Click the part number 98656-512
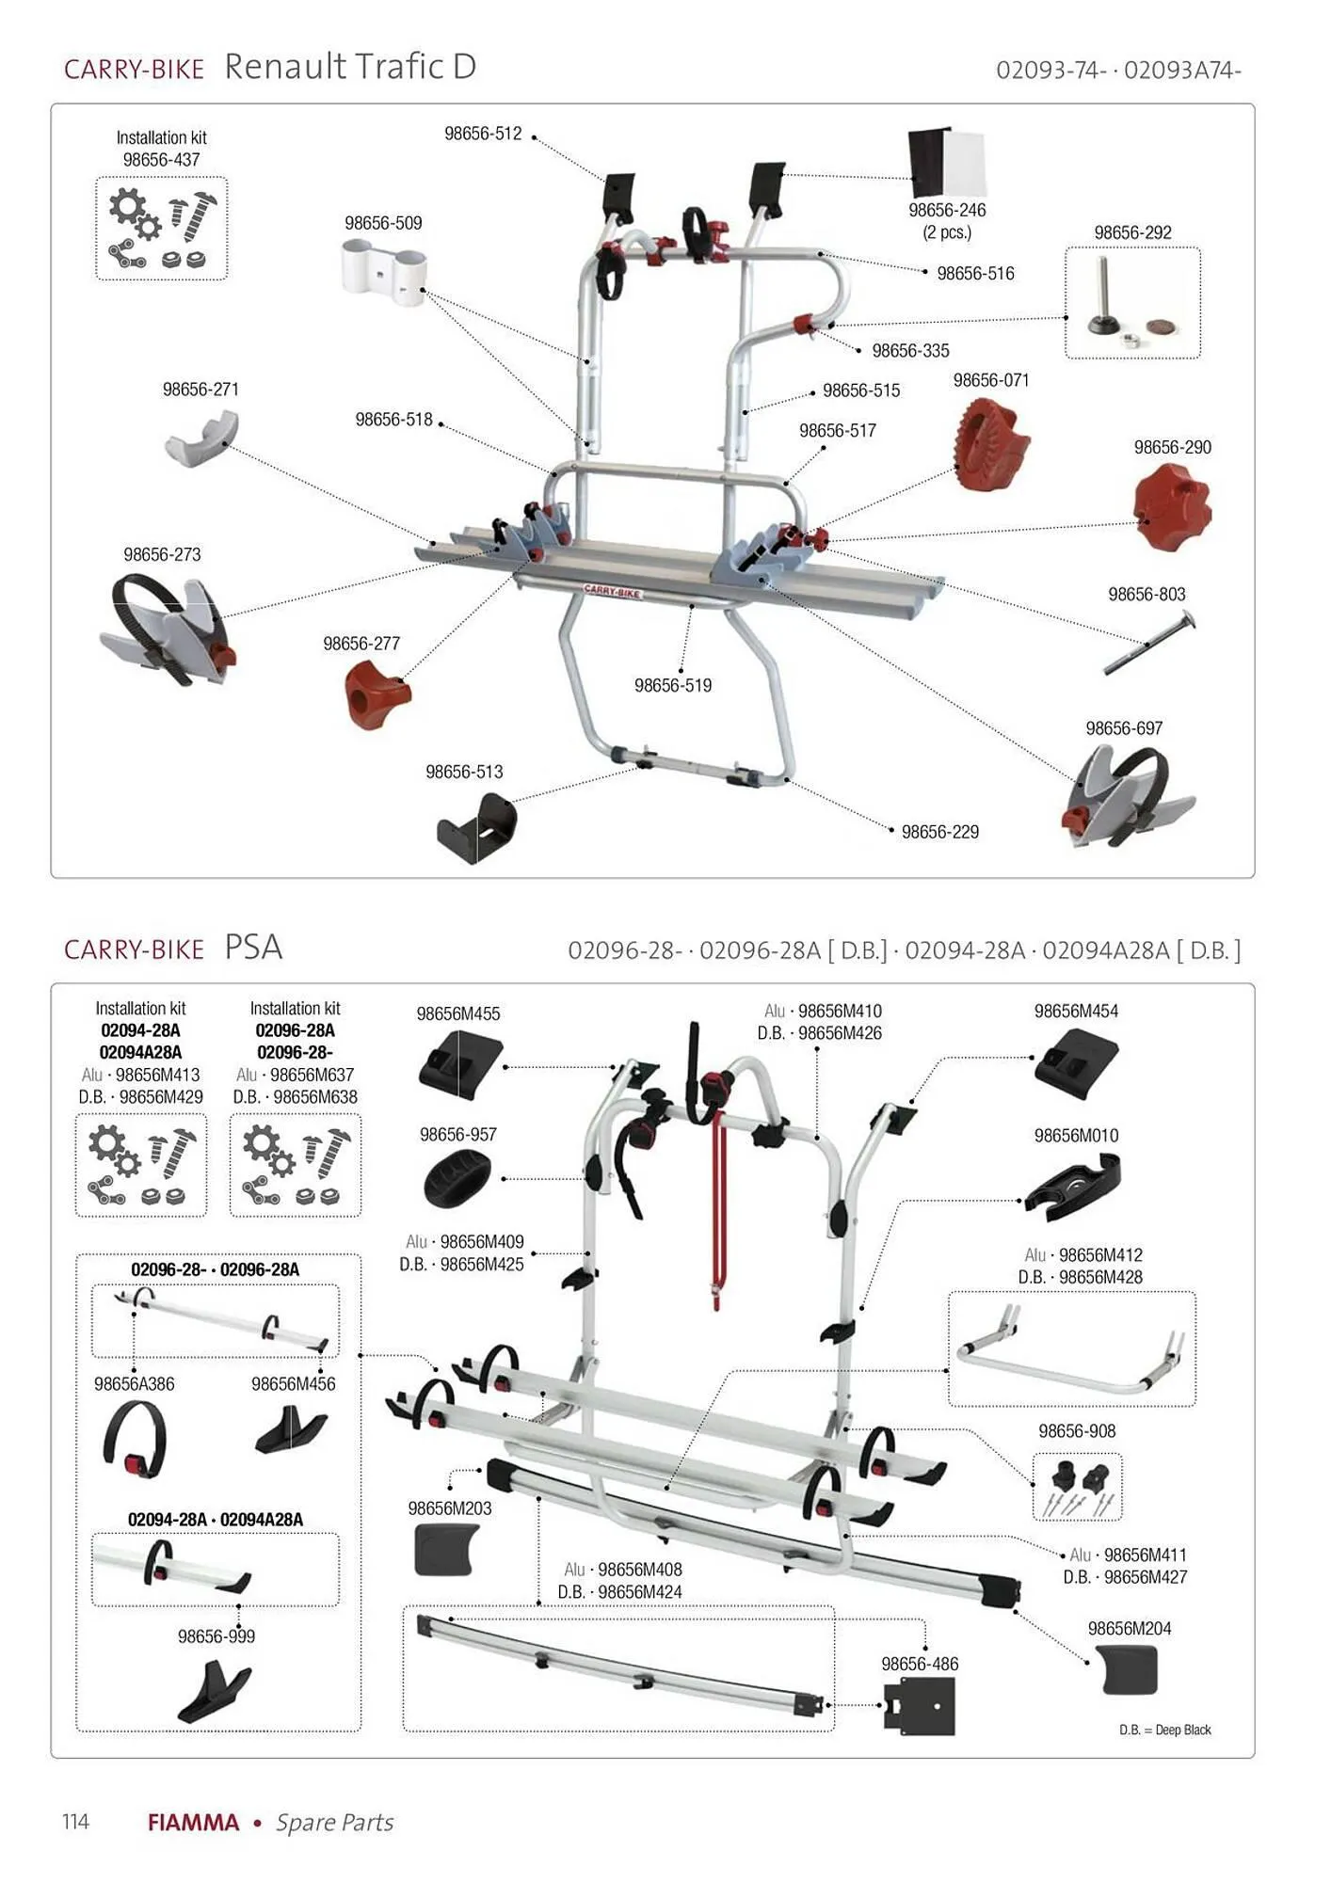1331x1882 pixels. click(x=483, y=134)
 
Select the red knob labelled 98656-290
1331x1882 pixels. click(x=1172, y=509)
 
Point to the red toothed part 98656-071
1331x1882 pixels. click(x=993, y=442)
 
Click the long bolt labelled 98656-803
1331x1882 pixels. click(x=1149, y=642)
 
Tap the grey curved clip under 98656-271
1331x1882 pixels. click(x=201, y=440)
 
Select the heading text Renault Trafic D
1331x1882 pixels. click(x=350, y=67)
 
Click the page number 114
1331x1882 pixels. click(x=75, y=1821)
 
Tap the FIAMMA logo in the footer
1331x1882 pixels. click(x=193, y=1822)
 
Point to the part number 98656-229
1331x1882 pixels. click(x=939, y=832)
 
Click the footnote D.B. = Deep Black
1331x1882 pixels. click(x=1164, y=1730)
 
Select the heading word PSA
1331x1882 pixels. click(x=253, y=947)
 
